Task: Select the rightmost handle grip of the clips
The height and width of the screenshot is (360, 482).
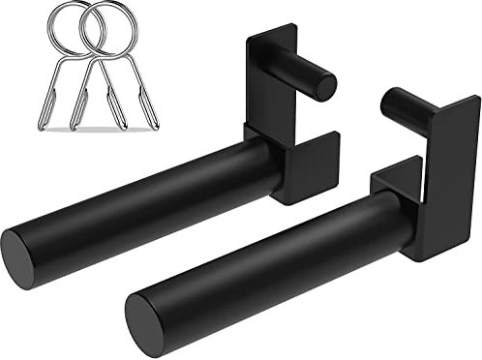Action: (x=150, y=111)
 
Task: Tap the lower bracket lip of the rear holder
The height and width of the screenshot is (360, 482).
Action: (x=310, y=169)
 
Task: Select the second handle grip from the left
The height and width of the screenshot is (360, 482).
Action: (x=77, y=111)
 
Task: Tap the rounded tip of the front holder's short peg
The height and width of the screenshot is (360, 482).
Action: (x=392, y=100)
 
